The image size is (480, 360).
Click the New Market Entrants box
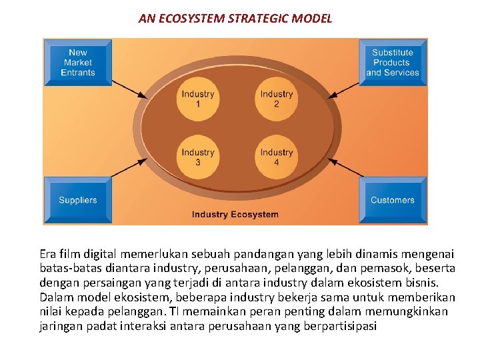tap(78, 63)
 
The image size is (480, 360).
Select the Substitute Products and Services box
tap(392, 63)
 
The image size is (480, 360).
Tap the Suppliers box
tap(78, 200)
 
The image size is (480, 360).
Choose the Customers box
tap(392, 200)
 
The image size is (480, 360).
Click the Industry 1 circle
tap(198, 99)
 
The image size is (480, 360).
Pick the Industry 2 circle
tap(277, 99)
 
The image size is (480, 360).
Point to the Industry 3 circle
tap(198, 157)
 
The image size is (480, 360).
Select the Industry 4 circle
tap(277, 157)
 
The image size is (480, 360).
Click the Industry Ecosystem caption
tap(235, 215)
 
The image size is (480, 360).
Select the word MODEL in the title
tap(312, 19)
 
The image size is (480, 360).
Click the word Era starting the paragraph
tap(48, 253)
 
